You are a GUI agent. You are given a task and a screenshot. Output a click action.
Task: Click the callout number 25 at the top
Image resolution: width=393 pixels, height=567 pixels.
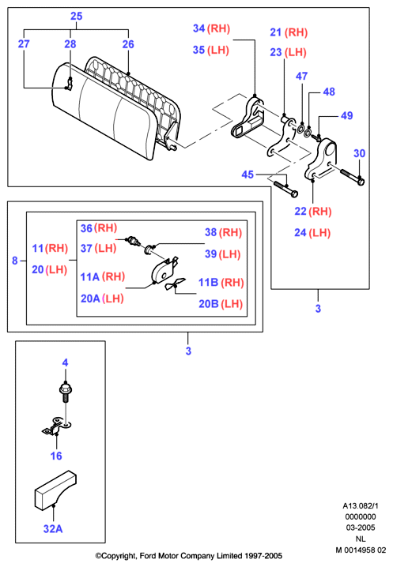77,16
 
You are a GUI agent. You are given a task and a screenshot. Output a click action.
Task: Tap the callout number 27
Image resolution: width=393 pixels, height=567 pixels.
24,43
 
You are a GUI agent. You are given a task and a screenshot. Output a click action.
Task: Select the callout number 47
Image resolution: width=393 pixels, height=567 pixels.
302,76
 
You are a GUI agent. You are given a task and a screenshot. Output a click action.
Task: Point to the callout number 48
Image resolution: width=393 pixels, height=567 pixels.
329,92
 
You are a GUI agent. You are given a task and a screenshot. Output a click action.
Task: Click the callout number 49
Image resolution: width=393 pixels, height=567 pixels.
347,115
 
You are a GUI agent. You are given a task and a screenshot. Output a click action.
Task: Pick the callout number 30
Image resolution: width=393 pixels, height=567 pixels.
359,153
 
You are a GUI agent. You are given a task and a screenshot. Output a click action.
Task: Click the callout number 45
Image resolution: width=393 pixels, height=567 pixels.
248,175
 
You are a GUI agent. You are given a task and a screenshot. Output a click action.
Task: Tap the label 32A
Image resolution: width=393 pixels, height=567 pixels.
53,528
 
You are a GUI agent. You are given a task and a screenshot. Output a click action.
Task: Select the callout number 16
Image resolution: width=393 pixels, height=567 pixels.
56,456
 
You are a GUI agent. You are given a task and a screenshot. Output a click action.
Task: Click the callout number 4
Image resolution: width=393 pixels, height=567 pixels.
65,362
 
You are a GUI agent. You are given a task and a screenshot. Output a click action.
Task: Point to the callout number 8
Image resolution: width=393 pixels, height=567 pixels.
15,261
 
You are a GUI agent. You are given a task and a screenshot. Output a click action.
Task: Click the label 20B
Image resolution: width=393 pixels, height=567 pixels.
209,304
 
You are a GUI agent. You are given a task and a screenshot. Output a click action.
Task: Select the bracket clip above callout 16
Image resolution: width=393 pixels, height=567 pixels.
57,426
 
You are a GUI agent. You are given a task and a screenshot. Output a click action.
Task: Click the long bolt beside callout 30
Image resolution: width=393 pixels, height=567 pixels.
352,177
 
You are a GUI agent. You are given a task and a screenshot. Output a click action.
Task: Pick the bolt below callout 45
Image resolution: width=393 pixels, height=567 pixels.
285,189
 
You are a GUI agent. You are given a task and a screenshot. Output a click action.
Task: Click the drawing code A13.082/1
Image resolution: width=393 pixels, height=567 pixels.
361,505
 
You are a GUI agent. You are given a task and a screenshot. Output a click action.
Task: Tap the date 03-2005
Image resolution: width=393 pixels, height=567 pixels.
361,528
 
